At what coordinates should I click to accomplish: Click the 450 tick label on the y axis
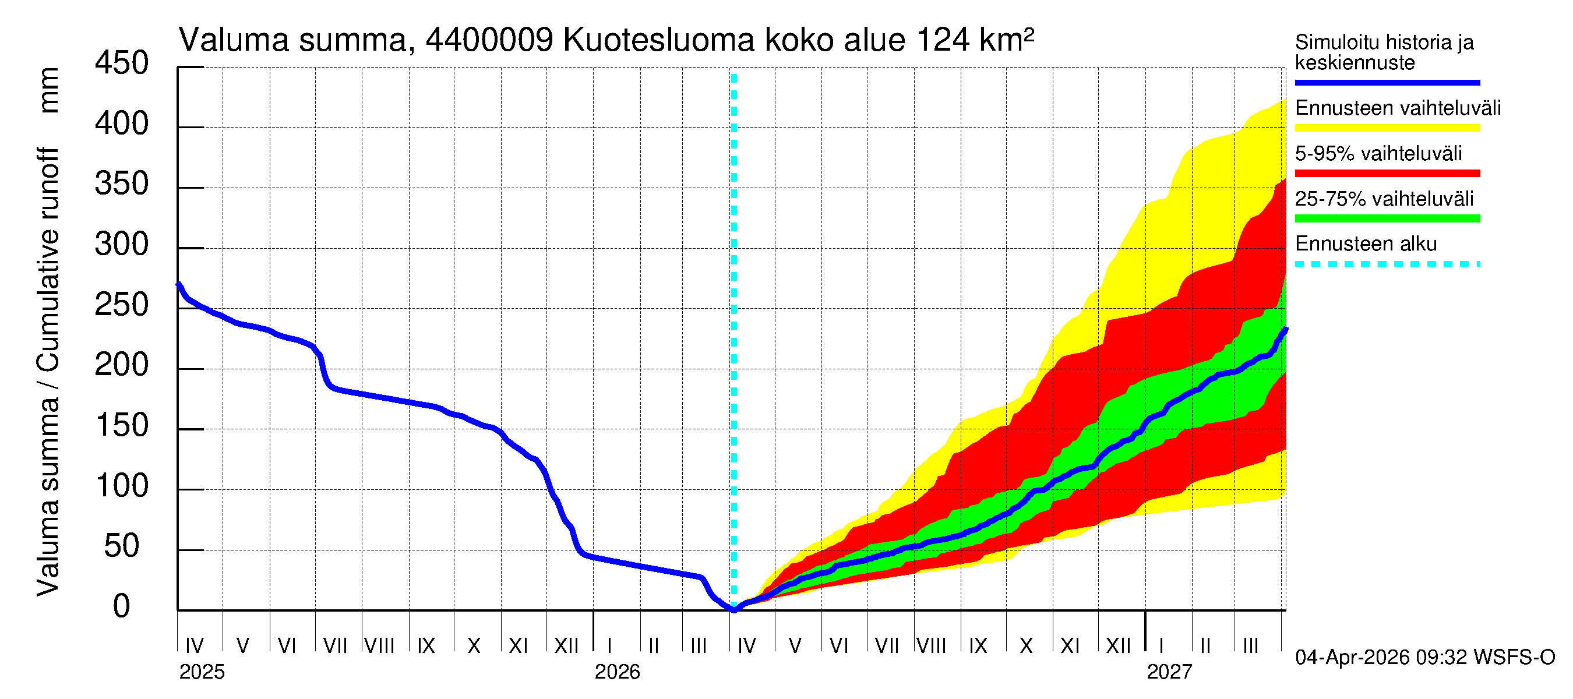pyautogui.click(x=121, y=63)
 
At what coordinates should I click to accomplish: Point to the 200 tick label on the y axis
pyautogui.click(x=121, y=366)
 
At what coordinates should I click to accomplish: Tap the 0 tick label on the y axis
pyautogui.click(x=121, y=607)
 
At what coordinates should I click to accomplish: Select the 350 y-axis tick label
pyautogui.click(x=121, y=185)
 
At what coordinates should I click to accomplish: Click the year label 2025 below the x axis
pyautogui.click(x=202, y=672)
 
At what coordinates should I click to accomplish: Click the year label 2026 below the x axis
pyautogui.click(x=617, y=672)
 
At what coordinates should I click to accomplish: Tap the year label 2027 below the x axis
pyautogui.click(x=1169, y=672)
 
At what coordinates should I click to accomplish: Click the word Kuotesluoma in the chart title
pyautogui.click(x=658, y=41)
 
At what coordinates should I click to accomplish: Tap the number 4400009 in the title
pyautogui.click(x=489, y=41)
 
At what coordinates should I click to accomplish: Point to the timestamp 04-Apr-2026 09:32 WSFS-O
pyautogui.click(x=1424, y=658)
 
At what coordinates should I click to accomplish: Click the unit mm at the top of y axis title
pyautogui.click(x=48, y=90)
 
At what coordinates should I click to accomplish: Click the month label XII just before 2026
pyautogui.click(x=566, y=645)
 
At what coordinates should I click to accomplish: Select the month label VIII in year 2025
pyautogui.click(x=379, y=645)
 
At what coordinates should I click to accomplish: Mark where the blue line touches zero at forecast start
pyautogui.click(x=734, y=609)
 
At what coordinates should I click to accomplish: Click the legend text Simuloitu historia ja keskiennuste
pyautogui.click(x=1384, y=52)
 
